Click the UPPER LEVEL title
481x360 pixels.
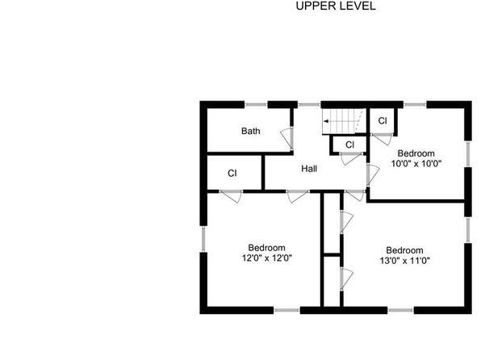[x=336, y=6]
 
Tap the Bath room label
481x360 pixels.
[x=251, y=131]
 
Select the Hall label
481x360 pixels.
[x=309, y=169]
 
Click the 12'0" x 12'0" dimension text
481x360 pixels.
[x=267, y=258]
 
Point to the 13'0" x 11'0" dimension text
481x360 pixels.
[x=404, y=261]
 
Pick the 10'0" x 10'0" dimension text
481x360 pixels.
[x=416, y=164]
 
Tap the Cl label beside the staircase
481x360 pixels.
[x=383, y=121]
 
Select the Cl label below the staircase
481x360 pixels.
[x=349, y=144]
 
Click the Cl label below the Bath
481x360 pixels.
[x=232, y=174]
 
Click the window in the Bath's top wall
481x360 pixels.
[x=256, y=105]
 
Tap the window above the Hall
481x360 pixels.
[x=309, y=105]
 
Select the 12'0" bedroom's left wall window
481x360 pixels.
[x=203, y=239]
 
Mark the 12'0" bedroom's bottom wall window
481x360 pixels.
[x=287, y=310]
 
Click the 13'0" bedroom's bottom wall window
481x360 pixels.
[x=400, y=310]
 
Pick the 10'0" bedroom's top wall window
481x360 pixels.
[x=415, y=105]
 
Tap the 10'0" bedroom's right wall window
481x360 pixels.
[x=468, y=153]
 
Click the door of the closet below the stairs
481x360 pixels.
[x=351, y=158]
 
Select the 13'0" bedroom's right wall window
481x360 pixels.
[x=468, y=230]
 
